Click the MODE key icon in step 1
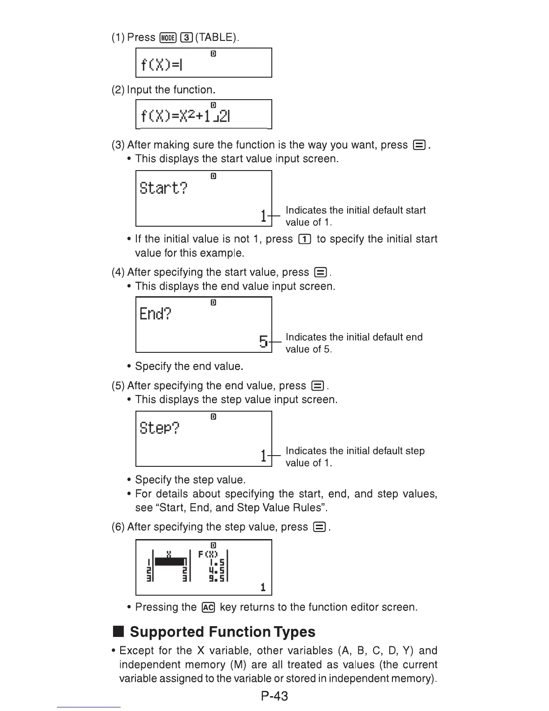[168, 38]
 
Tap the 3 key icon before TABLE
[186, 38]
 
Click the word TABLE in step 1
[216, 38]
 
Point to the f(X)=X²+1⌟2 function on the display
[185, 116]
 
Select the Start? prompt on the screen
[164, 188]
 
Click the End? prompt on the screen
[155, 313]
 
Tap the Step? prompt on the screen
[159, 428]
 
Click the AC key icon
[209, 607]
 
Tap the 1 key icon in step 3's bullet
[305, 239]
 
